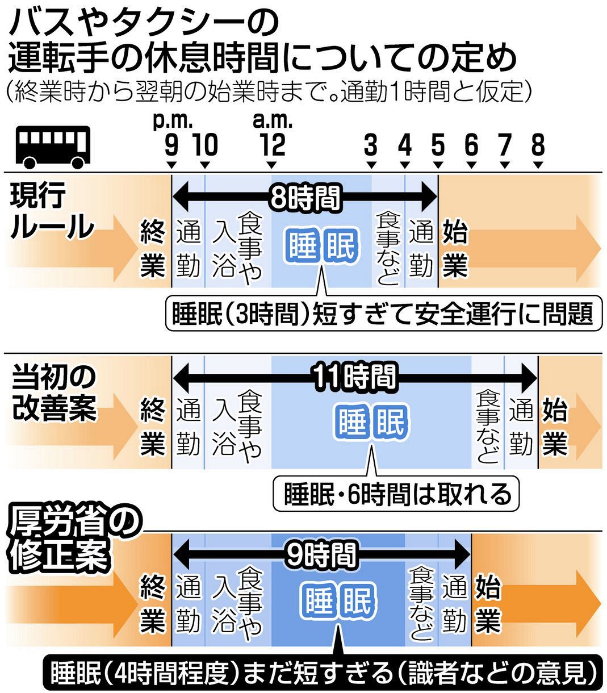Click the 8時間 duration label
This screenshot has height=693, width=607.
tap(305, 198)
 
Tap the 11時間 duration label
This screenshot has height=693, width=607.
tap(354, 375)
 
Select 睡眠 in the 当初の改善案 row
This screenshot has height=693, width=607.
tap(371, 423)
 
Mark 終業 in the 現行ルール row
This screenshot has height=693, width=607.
tap(153, 250)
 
